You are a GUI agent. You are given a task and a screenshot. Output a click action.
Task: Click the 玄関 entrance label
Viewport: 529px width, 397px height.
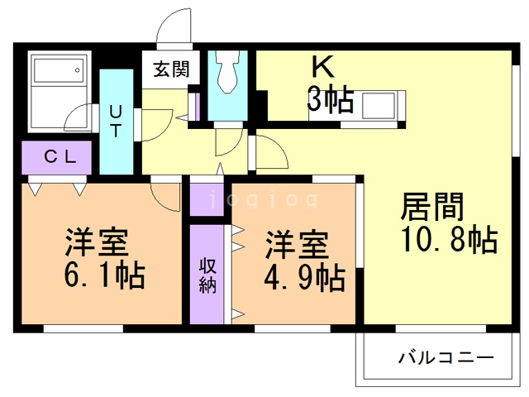(x=170, y=69)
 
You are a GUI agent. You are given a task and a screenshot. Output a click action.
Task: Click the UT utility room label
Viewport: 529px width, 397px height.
(x=117, y=120)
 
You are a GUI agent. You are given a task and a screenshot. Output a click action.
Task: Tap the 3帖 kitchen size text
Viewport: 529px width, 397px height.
(x=331, y=100)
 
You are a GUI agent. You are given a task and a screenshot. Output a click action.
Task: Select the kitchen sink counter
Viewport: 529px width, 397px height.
(x=376, y=107)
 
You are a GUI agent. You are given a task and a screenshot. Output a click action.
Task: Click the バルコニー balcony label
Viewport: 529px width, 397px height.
(x=446, y=359)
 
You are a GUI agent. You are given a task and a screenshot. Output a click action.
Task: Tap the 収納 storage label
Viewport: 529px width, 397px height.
(x=207, y=276)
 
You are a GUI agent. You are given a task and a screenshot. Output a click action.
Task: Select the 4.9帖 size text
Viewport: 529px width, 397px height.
(x=304, y=276)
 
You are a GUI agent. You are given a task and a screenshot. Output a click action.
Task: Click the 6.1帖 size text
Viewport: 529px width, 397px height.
(x=104, y=274)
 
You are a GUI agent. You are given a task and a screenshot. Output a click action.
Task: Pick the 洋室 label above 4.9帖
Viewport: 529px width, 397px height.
(x=297, y=245)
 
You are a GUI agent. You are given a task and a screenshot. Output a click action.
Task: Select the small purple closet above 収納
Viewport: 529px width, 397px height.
(x=207, y=196)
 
